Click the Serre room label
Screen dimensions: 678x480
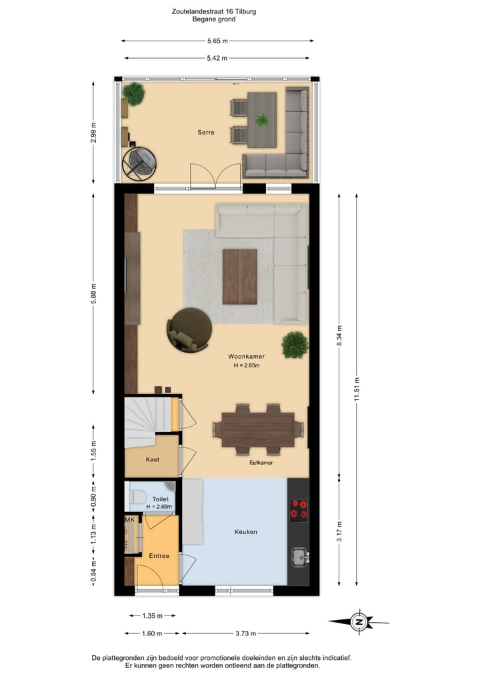[x=206, y=133]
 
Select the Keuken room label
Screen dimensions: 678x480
[x=245, y=531]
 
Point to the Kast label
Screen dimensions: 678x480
[x=152, y=459]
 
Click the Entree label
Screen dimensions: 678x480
[x=159, y=555]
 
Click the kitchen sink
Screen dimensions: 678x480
[x=298, y=555]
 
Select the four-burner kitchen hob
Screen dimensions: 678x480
[x=299, y=509]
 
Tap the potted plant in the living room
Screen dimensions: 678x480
[x=295, y=344]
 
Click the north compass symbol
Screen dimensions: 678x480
[x=359, y=622]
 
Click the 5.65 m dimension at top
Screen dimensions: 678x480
[x=217, y=41]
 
